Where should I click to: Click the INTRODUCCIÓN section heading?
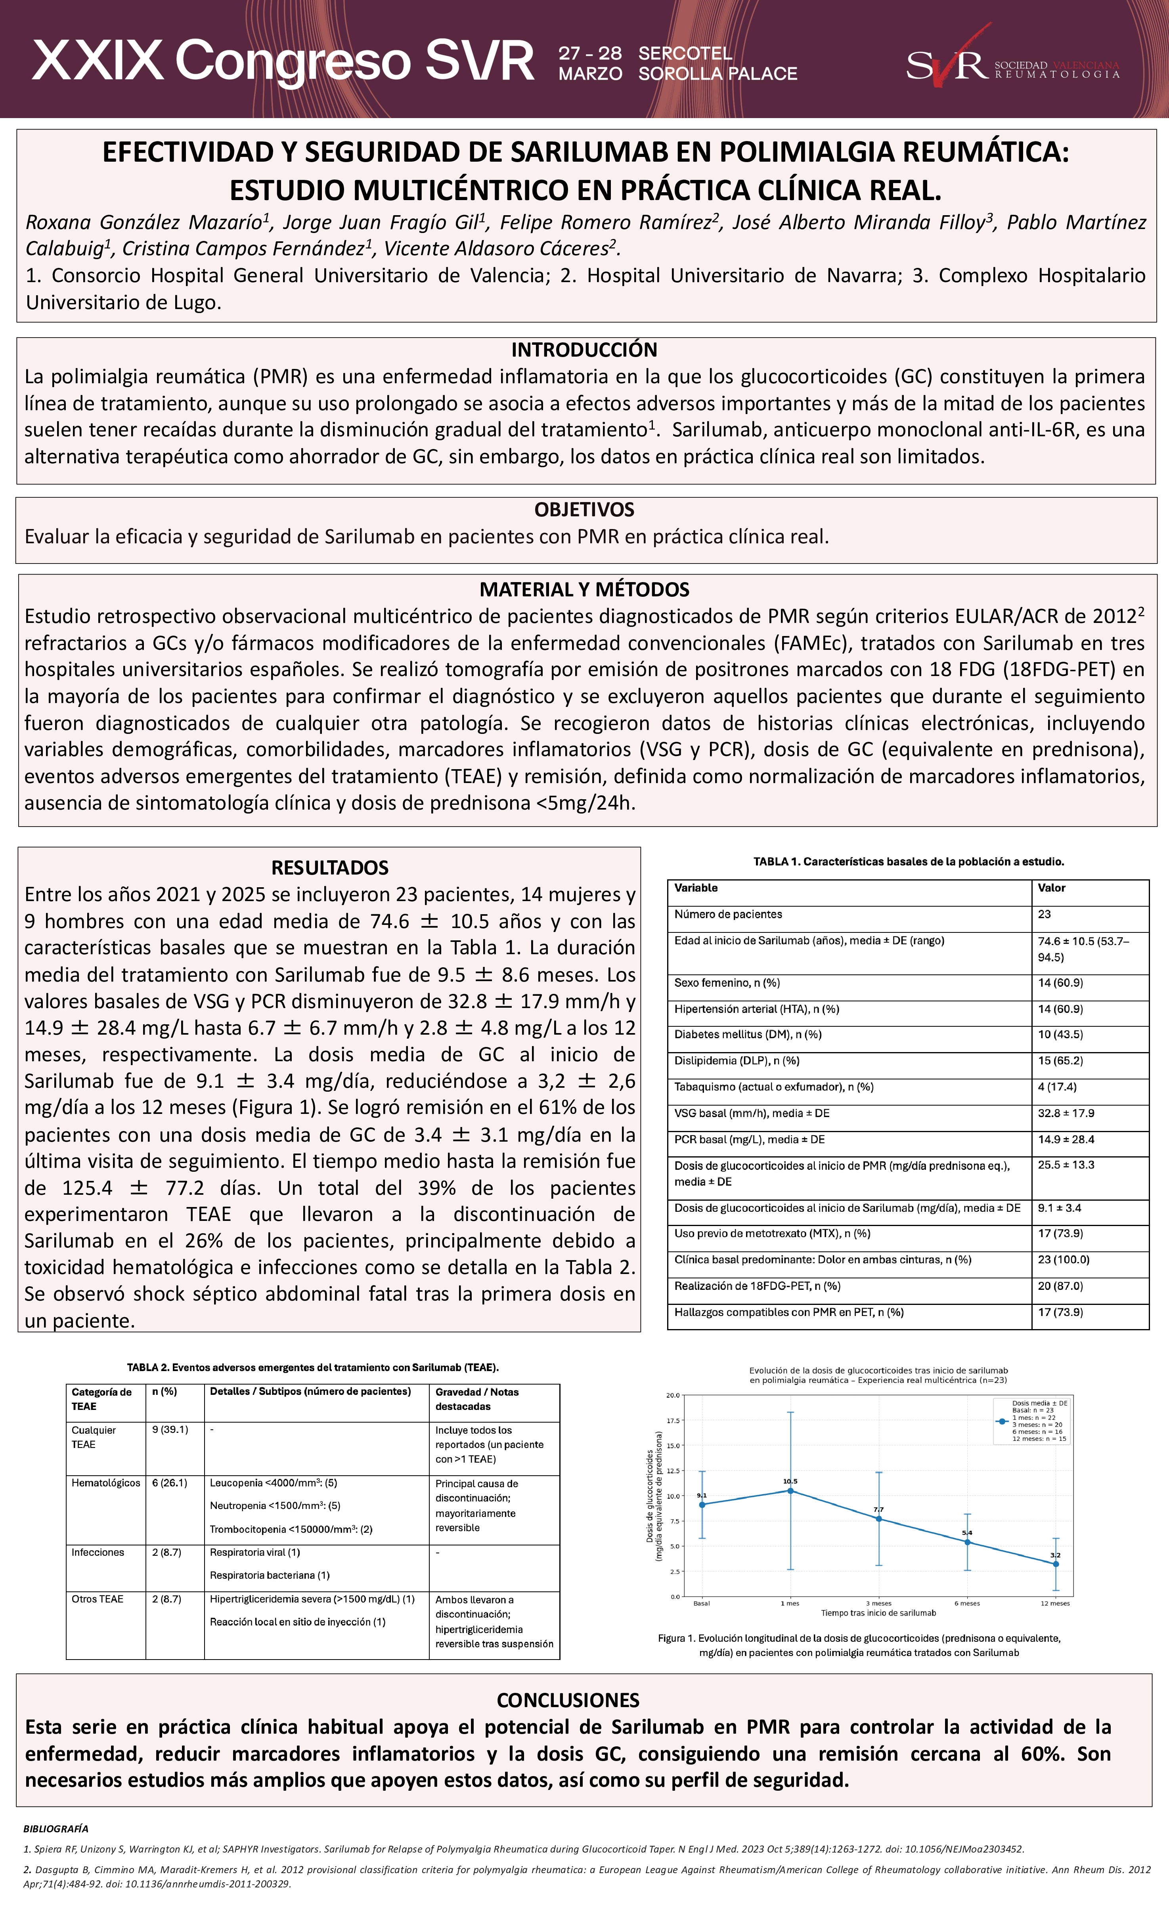coord(584,350)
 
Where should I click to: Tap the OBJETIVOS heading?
coord(584,509)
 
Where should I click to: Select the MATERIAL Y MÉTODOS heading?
coord(584,589)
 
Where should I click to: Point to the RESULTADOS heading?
coord(329,867)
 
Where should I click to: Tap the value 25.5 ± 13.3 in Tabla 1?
coord(1066,1165)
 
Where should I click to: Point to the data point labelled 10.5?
coord(790,1491)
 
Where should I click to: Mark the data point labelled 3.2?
coord(1055,1564)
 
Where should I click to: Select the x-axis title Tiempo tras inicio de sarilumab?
coord(878,1613)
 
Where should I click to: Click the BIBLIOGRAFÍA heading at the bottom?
coord(56,1829)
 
